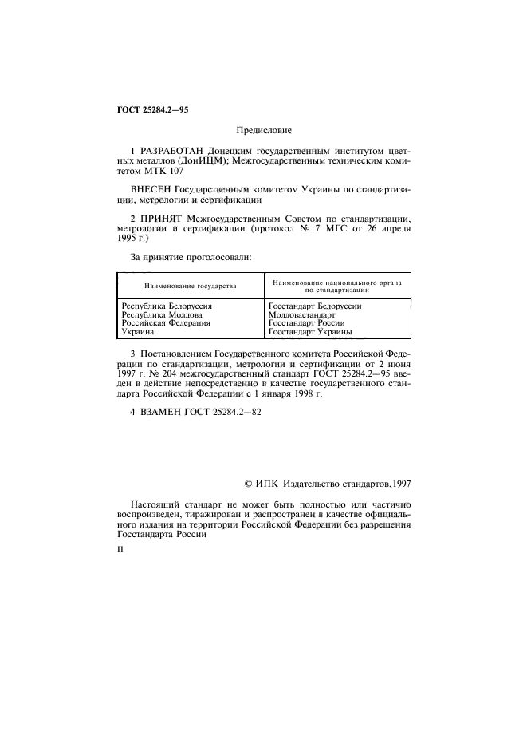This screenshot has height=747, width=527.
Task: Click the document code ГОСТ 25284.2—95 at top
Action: pyautogui.click(x=147, y=109)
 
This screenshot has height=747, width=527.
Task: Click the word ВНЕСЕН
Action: pyautogui.click(x=148, y=190)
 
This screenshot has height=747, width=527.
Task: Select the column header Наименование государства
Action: pyautogui.click(x=190, y=286)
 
